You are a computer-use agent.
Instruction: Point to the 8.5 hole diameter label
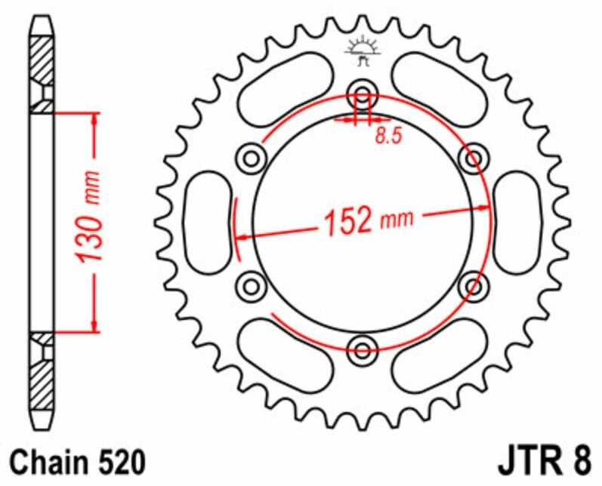tap(388, 136)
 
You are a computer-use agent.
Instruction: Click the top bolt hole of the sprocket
tap(363, 94)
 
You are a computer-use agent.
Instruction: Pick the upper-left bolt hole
tap(251, 158)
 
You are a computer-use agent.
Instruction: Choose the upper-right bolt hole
tap(474, 158)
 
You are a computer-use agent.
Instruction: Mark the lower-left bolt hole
tap(251, 286)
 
